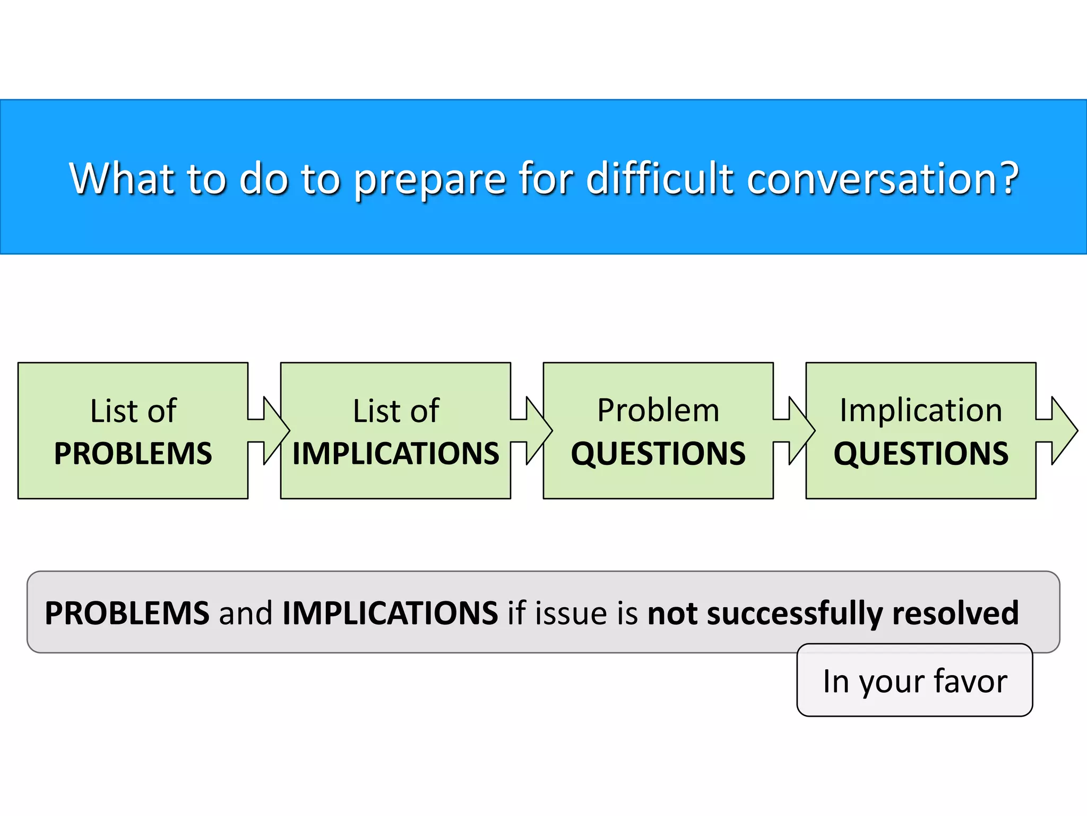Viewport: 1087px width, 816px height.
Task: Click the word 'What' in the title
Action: click(x=123, y=178)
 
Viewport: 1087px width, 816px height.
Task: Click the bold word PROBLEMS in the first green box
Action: click(x=133, y=454)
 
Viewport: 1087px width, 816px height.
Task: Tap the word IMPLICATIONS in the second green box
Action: click(x=395, y=454)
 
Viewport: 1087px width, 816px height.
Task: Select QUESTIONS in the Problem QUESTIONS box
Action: click(x=658, y=454)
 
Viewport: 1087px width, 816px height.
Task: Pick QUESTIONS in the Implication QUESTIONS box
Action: click(x=921, y=454)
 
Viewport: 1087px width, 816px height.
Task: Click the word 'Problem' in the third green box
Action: click(x=658, y=410)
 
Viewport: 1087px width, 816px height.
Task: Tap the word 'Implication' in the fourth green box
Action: click(x=921, y=410)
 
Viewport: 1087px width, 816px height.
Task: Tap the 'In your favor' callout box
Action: click(x=915, y=681)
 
